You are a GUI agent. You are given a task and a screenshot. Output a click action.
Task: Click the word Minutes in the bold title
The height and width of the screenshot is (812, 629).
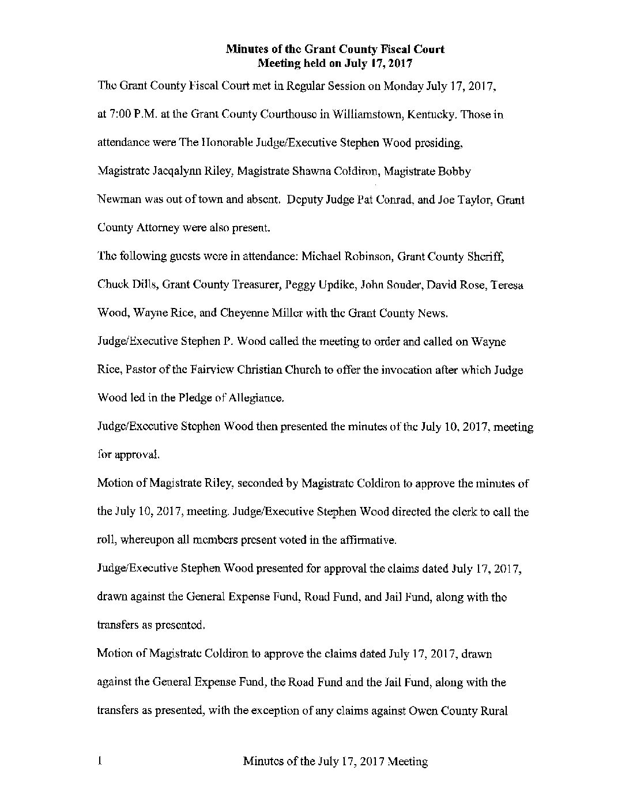tap(246, 50)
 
